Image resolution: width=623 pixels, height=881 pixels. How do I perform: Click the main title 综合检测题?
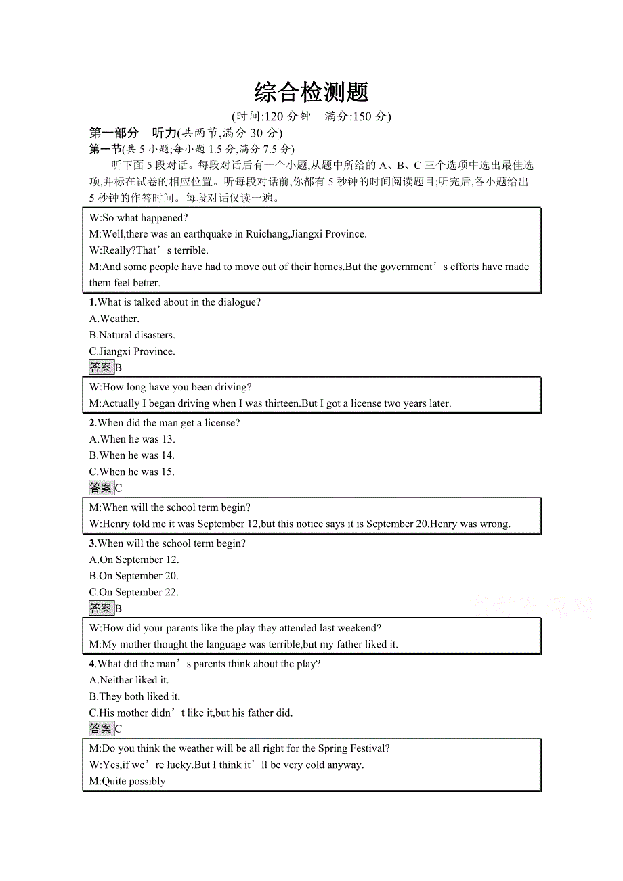click(x=311, y=92)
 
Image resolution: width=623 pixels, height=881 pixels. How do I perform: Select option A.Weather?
click(x=114, y=319)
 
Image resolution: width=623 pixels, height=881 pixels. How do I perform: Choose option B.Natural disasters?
click(x=132, y=335)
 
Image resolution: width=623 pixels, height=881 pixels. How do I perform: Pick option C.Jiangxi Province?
click(x=132, y=351)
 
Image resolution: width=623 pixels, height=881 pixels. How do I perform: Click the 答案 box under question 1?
click(x=101, y=367)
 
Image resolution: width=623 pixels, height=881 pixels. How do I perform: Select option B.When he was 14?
click(x=132, y=455)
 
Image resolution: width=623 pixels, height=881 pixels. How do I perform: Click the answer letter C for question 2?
click(x=119, y=488)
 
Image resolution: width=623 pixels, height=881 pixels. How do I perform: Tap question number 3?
click(x=92, y=543)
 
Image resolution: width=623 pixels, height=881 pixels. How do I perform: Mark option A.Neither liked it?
click(x=129, y=680)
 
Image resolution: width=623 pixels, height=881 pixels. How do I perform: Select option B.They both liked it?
click(x=135, y=696)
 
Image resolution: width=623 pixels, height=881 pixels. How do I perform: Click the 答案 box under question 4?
click(x=101, y=729)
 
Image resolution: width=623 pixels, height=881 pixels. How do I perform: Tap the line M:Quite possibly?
click(x=128, y=781)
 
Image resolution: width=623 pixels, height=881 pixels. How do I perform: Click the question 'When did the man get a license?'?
click(x=169, y=423)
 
